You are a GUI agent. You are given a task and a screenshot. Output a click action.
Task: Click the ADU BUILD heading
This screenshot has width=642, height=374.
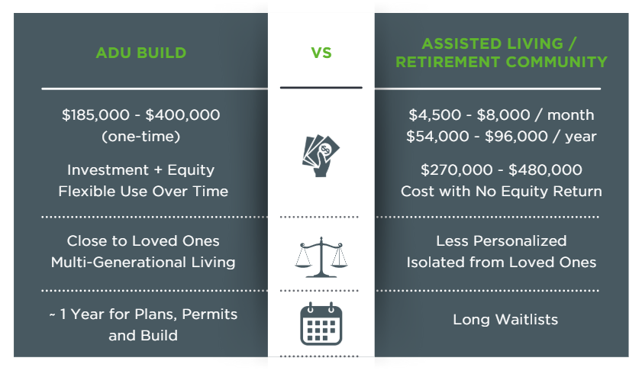tap(141, 53)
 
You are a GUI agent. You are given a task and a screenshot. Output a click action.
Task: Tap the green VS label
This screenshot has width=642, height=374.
tap(321, 53)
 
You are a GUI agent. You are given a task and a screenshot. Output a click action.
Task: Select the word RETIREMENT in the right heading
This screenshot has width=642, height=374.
tap(447, 62)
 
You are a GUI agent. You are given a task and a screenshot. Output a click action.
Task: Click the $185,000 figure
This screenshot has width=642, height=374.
tap(95, 115)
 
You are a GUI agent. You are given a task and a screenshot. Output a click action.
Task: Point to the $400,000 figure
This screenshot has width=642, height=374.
tap(182, 115)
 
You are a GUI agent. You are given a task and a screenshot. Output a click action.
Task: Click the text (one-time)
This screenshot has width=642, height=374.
tap(141, 137)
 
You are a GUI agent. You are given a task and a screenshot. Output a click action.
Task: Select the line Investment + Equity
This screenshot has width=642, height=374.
tap(141, 170)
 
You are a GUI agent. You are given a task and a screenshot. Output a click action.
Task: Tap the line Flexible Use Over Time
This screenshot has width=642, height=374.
tap(143, 191)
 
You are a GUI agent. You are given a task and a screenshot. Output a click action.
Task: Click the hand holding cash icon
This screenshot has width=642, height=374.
tap(321, 156)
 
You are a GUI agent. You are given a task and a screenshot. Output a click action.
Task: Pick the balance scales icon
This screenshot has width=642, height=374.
tap(321, 257)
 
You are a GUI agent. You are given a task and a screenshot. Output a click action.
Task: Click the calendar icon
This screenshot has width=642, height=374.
tap(321, 324)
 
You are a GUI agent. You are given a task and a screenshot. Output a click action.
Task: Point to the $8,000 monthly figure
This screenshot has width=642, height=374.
tap(503, 115)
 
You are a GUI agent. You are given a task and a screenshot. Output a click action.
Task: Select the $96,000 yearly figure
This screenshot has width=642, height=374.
tap(516, 137)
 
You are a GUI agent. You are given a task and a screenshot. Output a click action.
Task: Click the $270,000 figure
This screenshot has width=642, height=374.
tap(456, 169)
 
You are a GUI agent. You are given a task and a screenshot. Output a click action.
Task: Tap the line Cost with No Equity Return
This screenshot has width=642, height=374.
tap(501, 191)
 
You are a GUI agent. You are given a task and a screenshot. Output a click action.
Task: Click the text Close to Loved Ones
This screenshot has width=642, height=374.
tap(143, 240)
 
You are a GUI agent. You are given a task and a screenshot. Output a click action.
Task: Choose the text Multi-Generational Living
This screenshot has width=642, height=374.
tap(143, 262)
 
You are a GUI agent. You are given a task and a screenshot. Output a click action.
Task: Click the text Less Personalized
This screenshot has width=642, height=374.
tap(501, 240)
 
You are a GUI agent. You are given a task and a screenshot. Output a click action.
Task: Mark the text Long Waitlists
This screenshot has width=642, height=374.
tap(505, 319)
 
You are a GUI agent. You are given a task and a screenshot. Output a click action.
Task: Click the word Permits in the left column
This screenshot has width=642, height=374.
tap(209, 314)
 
